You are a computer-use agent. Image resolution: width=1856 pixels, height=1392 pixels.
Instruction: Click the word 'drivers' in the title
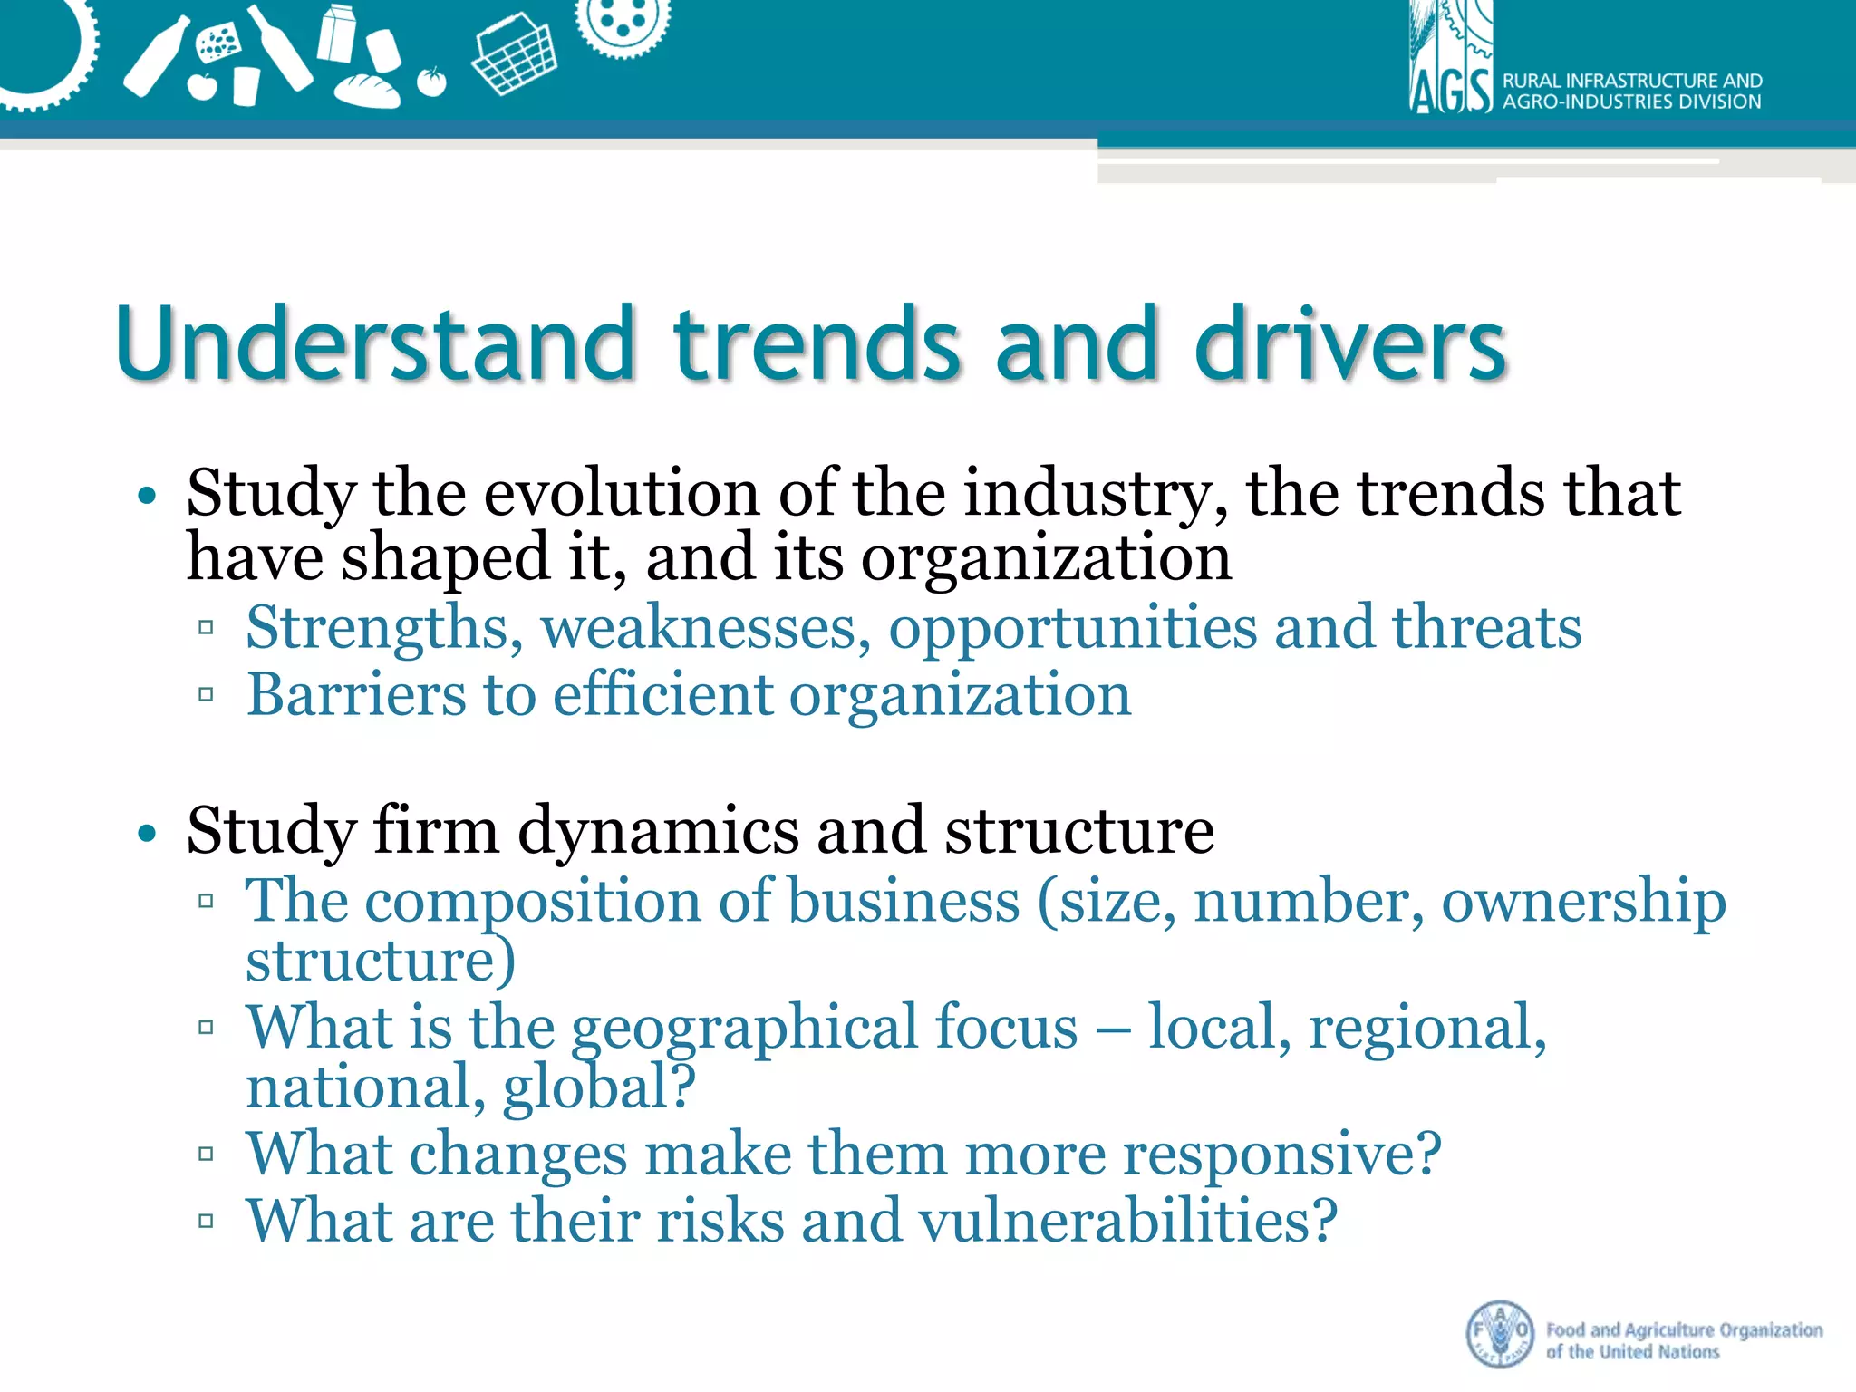tap(1350, 344)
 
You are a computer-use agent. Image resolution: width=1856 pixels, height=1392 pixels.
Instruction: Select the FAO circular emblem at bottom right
tap(1500, 1334)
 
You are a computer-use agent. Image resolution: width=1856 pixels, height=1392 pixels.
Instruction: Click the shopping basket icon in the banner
tap(515, 59)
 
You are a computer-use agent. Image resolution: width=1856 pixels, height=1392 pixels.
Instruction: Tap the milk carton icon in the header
tap(336, 33)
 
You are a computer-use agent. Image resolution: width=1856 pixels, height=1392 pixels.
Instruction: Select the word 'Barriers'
tap(356, 696)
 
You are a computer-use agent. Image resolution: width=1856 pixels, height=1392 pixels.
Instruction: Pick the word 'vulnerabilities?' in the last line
tap(1127, 1221)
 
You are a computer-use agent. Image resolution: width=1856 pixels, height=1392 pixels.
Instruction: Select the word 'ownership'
tap(1583, 903)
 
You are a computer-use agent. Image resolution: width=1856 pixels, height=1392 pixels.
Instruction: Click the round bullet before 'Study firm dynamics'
tap(147, 832)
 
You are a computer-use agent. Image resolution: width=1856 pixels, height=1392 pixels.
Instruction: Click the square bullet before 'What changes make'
tap(206, 1155)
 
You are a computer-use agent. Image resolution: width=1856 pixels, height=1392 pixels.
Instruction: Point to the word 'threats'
tap(1486, 628)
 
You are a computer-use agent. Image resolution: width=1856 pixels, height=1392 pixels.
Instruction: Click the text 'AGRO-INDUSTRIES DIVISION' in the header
tap(1631, 102)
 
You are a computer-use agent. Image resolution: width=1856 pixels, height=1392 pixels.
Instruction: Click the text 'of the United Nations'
tap(1632, 1352)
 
